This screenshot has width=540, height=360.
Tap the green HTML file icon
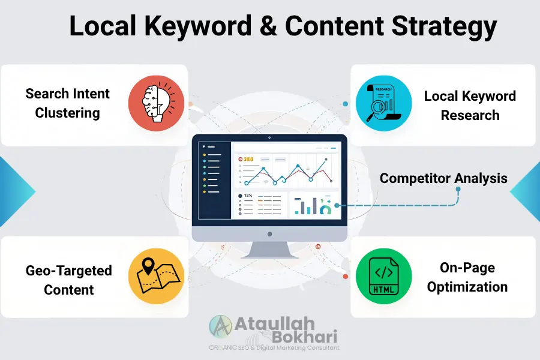tap(383, 277)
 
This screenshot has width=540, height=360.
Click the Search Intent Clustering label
tap(67, 103)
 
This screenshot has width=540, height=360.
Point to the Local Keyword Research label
tap(470, 106)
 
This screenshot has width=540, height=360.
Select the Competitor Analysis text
tap(443, 178)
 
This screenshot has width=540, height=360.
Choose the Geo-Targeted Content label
tap(68, 280)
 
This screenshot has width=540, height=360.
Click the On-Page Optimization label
tap(467, 277)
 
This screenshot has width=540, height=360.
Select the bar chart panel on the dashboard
tap(314, 205)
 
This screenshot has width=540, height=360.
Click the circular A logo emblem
tap(221, 327)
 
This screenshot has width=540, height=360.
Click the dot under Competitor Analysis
tap(458, 190)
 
